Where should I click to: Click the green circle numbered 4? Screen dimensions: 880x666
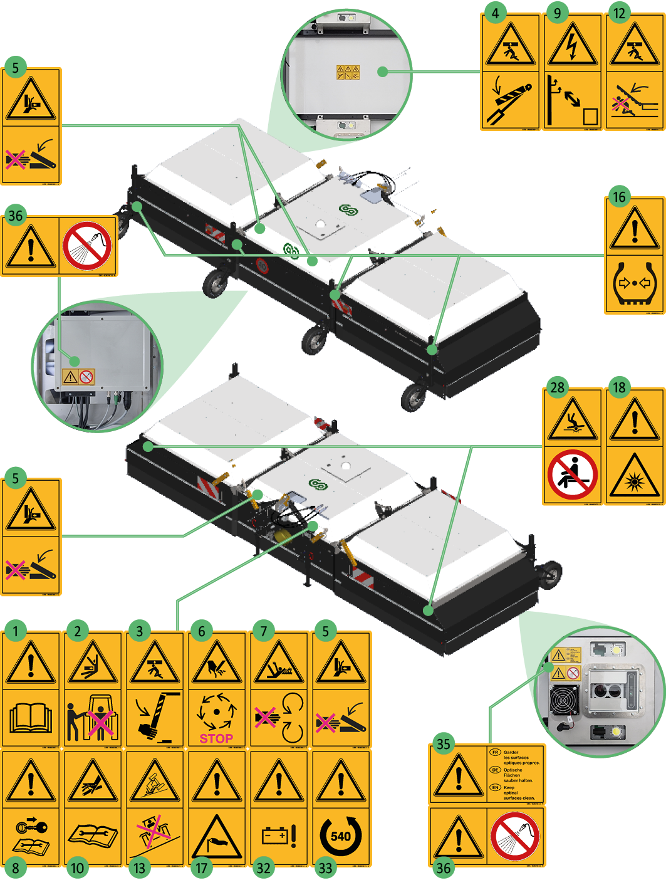click(x=496, y=13)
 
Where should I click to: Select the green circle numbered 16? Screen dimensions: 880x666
click(x=619, y=197)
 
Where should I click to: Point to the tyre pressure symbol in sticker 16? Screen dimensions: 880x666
click(x=635, y=283)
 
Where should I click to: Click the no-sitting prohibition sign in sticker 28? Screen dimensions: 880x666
click(x=573, y=474)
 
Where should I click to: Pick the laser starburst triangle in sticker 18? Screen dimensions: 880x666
click(x=635, y=476)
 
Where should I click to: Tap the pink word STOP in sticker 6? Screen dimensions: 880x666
click(x=216, y=738)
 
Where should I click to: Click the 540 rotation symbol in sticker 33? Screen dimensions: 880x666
click(x=341, y=835)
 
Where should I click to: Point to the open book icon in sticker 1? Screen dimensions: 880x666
click(x=31, y=718)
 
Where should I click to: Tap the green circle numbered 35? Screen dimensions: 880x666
click(x=444, y=744)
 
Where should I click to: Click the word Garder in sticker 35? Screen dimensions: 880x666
click(x=511, y=752)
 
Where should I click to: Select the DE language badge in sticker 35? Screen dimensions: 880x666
click(x=495, y=770)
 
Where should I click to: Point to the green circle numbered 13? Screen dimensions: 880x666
click(x=139, y=868)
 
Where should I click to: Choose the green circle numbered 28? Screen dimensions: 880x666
click(x=558, y=387)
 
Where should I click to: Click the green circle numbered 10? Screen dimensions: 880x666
click(x=77, y=868)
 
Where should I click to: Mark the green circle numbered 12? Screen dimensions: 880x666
click(x=619, y=13)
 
